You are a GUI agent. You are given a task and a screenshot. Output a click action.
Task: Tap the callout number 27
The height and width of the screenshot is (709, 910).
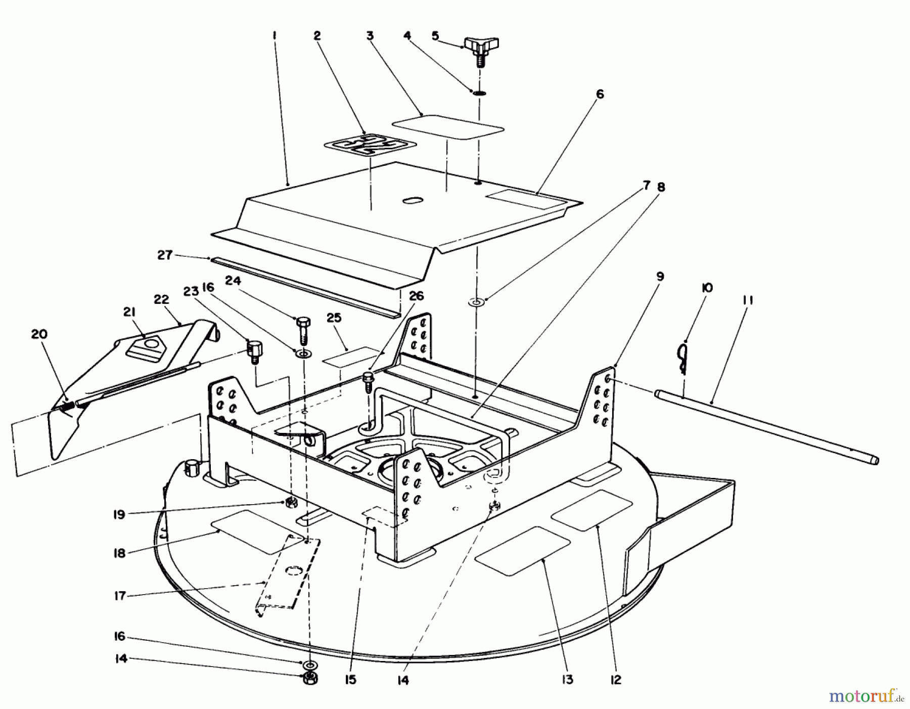165,255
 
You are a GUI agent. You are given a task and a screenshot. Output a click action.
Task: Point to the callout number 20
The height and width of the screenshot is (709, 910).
39,334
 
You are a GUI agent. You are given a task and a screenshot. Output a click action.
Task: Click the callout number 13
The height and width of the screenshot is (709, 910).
568,680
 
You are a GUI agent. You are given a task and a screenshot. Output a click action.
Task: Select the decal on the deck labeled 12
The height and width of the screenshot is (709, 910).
591,510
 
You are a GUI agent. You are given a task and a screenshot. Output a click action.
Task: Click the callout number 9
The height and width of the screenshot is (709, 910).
660,277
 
